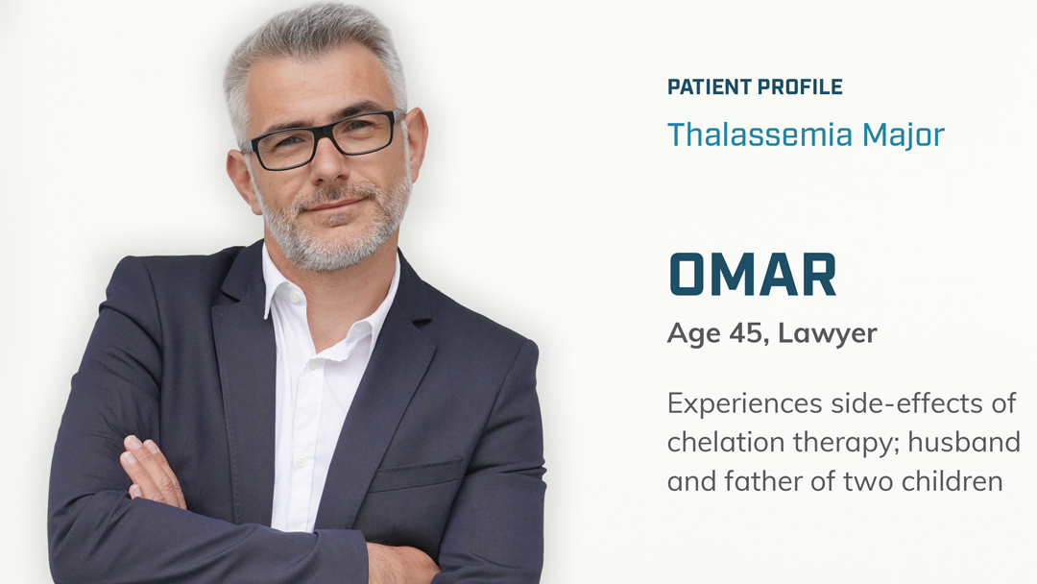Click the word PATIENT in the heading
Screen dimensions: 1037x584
tap(709, 86)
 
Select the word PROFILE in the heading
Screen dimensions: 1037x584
tap(800, 86)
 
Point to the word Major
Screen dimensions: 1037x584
tap(904, 134)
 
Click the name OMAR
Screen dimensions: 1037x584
tap(753, 275)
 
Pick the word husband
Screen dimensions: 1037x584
tap(964, 442)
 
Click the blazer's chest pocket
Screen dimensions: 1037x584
tap(416, 474)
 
